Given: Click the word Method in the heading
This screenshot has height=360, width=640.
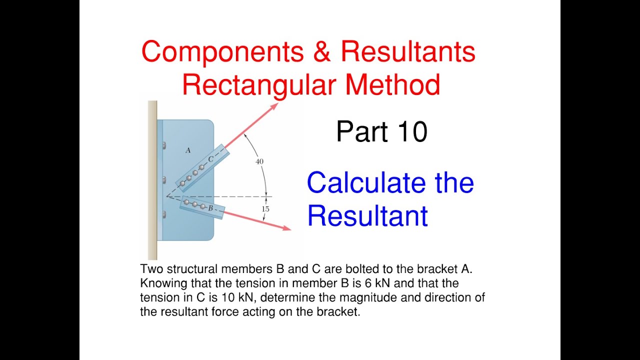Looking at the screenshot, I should (x=392, y=84).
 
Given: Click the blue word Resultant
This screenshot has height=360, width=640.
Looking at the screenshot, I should (x=367, y=216).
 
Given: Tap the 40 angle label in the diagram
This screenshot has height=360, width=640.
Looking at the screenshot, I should (x=259, y=161).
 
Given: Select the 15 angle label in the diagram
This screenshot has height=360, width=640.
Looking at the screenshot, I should (x=265, y=209).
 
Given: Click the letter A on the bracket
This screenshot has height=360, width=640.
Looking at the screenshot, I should (x=188, y=149).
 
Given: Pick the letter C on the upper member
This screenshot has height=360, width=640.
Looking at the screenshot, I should (x=211, y=159).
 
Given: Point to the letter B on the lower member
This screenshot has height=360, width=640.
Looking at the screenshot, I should (x=210, y=207).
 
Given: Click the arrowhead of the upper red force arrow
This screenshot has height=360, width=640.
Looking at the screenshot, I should (x=274, y=105).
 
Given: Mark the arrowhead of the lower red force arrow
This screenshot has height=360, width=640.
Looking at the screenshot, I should (x=286, y=228).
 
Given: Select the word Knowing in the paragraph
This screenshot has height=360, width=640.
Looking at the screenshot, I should (x=159, y=283).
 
